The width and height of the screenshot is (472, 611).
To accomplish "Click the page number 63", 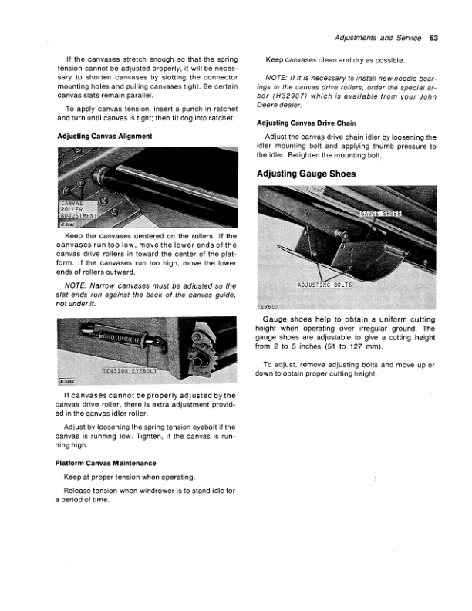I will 433,38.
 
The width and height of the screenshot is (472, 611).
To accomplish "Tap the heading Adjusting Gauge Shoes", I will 306,174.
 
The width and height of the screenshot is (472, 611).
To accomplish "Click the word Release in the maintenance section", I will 79,491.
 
